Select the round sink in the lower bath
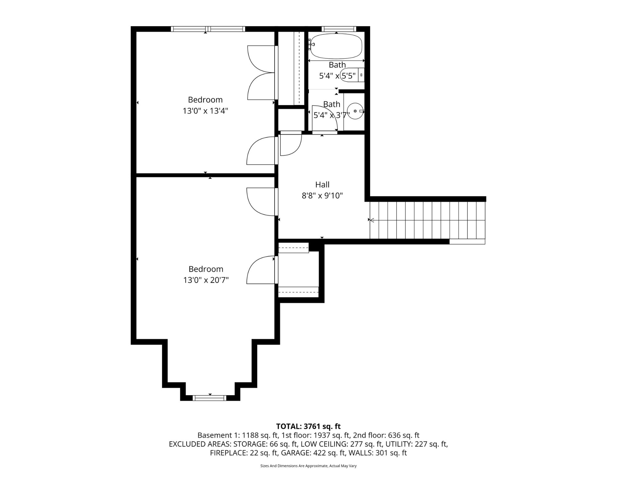coord(355,111)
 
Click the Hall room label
coord(322,185)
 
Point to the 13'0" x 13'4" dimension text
coord(205,111)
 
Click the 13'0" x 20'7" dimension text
coord(206,280)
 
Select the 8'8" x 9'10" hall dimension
coord(322,195)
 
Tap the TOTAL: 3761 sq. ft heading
coord(308,426)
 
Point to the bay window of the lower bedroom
coord(210,398)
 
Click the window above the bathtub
coord(339,29)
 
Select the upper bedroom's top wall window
coord(208,29)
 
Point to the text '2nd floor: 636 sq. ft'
coord(386,435)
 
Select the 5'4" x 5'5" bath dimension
coord(337,76)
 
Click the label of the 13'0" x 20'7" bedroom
coord(206,269)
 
